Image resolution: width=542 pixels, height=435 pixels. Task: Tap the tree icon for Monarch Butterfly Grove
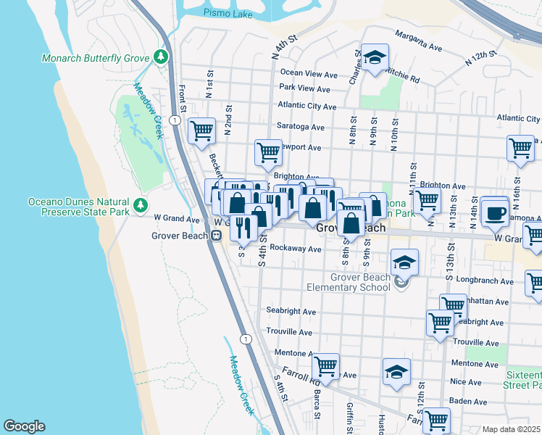tap(161, 57)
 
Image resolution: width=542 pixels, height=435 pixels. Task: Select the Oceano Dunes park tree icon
tap(140, 206)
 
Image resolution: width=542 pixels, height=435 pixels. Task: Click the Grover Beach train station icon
tap(216, 235)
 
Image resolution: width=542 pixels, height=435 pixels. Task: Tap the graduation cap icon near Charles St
tap(375, 58)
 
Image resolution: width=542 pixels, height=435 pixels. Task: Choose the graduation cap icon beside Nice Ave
tap(396, 373)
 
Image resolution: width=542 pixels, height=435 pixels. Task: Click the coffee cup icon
tap(496, 212)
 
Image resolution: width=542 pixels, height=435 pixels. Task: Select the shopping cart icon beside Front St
tap(201, 131)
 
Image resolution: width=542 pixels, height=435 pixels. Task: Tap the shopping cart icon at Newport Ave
tap(268, 152)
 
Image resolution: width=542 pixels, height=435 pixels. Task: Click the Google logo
tap(24, 426)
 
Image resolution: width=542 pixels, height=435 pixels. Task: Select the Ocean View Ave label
tap(309, 73)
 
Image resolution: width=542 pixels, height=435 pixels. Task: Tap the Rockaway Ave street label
tap(295, 248)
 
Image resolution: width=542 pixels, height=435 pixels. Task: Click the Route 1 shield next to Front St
tap(175, 119)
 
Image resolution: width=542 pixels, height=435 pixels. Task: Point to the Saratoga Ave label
tap(301, 127)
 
